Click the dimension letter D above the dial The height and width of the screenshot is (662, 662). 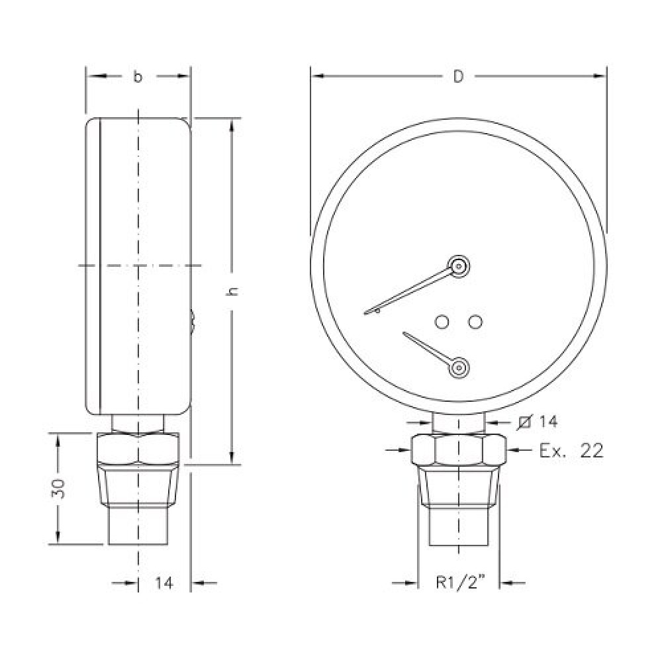[x=459, y=76]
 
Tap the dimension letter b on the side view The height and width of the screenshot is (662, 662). [x=138, y=76]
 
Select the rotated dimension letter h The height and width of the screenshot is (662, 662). [x=232, y=291]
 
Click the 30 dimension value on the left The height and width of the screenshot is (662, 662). [x=59, y=489]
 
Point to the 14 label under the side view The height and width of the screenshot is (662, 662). [x=164, y=583]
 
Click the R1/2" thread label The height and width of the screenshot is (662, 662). [x=461, y=583]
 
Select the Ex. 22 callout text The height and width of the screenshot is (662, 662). [x=571, y=451]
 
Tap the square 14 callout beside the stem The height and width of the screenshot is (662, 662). [x=538, y=421]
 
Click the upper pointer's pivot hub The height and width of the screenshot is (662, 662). [x=459, y=266]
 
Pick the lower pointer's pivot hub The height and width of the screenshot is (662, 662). [x=459, y=367]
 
